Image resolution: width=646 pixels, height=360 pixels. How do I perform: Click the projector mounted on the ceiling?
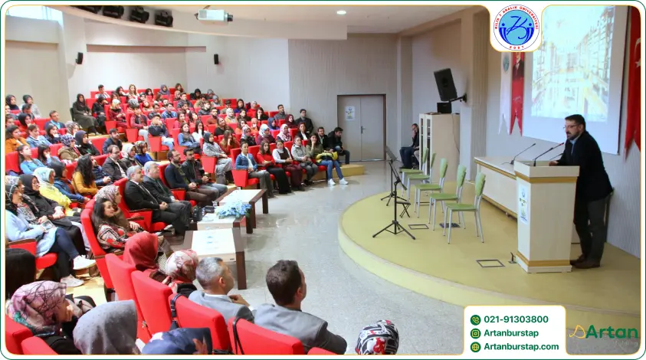(x=215, y=15)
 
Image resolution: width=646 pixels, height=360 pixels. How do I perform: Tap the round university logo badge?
(x=515, y=28)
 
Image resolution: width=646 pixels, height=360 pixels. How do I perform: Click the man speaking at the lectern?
(x=587, y=187)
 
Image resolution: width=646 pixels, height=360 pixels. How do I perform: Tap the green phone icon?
(x=475, y=319)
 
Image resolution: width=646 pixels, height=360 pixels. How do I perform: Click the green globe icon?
(x=475, y=346)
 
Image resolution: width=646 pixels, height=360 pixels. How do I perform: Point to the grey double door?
(x=361, y=127)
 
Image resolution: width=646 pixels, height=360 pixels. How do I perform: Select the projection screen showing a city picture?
(x=575, y=73)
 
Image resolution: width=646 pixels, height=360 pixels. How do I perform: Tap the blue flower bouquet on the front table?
(x=232, y=208)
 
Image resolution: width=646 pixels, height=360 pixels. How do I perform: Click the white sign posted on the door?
(x=350, y=113)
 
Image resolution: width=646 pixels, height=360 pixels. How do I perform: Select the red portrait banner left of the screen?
(x=517, y=92)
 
